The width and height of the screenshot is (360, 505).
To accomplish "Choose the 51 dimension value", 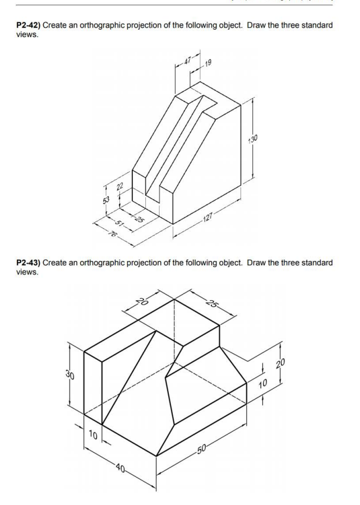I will point(115,220).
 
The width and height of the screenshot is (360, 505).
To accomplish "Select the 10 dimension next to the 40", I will point(93,434).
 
